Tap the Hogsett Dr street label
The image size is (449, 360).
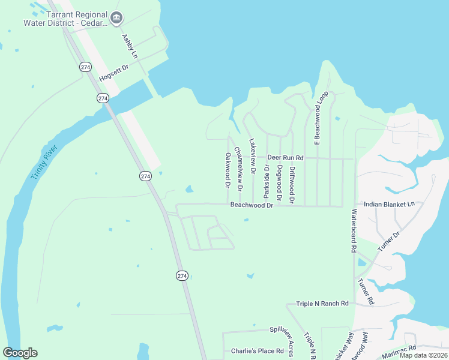pos(114,74)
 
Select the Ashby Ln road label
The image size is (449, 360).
pos(130,46)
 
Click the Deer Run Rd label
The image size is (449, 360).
pos(286,158)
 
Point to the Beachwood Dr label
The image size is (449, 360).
pos(252,205)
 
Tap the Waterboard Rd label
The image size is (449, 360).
pos(354,230)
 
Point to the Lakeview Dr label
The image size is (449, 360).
pos(252,157)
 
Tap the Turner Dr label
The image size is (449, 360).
pos(388,241)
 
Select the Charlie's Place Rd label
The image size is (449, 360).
pos(257,351)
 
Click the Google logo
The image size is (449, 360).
pos(20,353)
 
